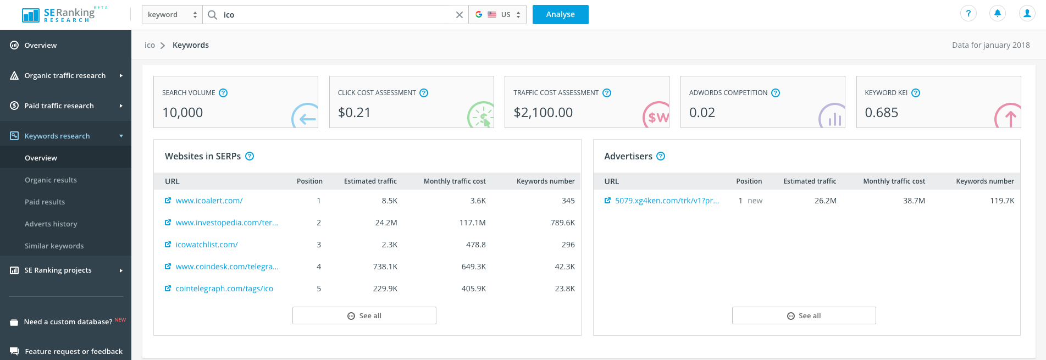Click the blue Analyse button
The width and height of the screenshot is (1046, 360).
[x=560, y=15]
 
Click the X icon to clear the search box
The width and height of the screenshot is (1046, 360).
[x=460, y=15]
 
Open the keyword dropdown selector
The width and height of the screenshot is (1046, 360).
[x=172, y=15]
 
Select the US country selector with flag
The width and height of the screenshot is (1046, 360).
[x=497, y=15]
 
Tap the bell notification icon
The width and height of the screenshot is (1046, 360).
[x=997, y=14]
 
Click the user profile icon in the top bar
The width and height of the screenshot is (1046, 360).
[x=1026, y=14]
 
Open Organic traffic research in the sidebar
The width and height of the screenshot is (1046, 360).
[x=65, y=76]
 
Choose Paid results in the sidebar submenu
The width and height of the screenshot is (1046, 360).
[x=45, y=202]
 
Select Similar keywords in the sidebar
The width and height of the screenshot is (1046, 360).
[x=54, y=246]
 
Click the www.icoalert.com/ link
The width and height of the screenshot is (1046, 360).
[x=209, y=201]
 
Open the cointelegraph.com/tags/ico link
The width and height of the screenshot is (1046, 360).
[x=224, y=289]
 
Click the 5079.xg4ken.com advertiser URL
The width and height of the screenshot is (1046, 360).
[x=666, y=201]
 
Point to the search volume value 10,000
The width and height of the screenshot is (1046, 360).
[x=182, y=113]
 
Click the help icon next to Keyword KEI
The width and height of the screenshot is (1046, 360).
[x=916, y=93]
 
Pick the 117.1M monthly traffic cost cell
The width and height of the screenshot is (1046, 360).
[x=472, y=223]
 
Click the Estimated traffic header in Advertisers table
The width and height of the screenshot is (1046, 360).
[x=809, y=181]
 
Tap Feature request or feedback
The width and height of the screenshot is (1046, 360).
[x=74, y=352]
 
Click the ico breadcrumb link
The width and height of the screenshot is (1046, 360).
[x=150, y=46]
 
